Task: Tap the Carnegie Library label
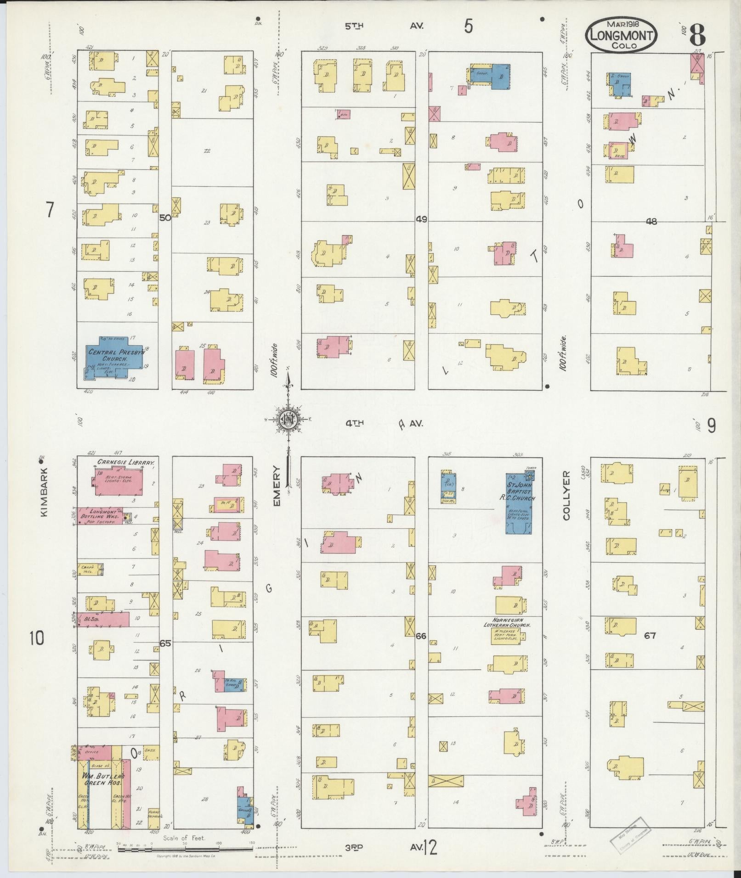point(124,463)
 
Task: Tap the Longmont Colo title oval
point(621,35)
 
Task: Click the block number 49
point(421,219)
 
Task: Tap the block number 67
point(650,636)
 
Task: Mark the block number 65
point(165,643)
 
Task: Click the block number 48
point(651,222)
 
